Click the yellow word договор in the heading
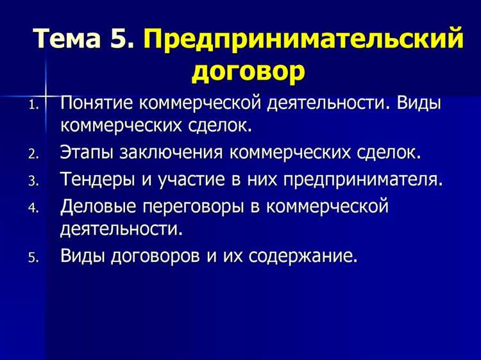tap(248, 71)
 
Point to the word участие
tap(191, 179)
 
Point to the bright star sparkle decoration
tap(46, 94)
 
